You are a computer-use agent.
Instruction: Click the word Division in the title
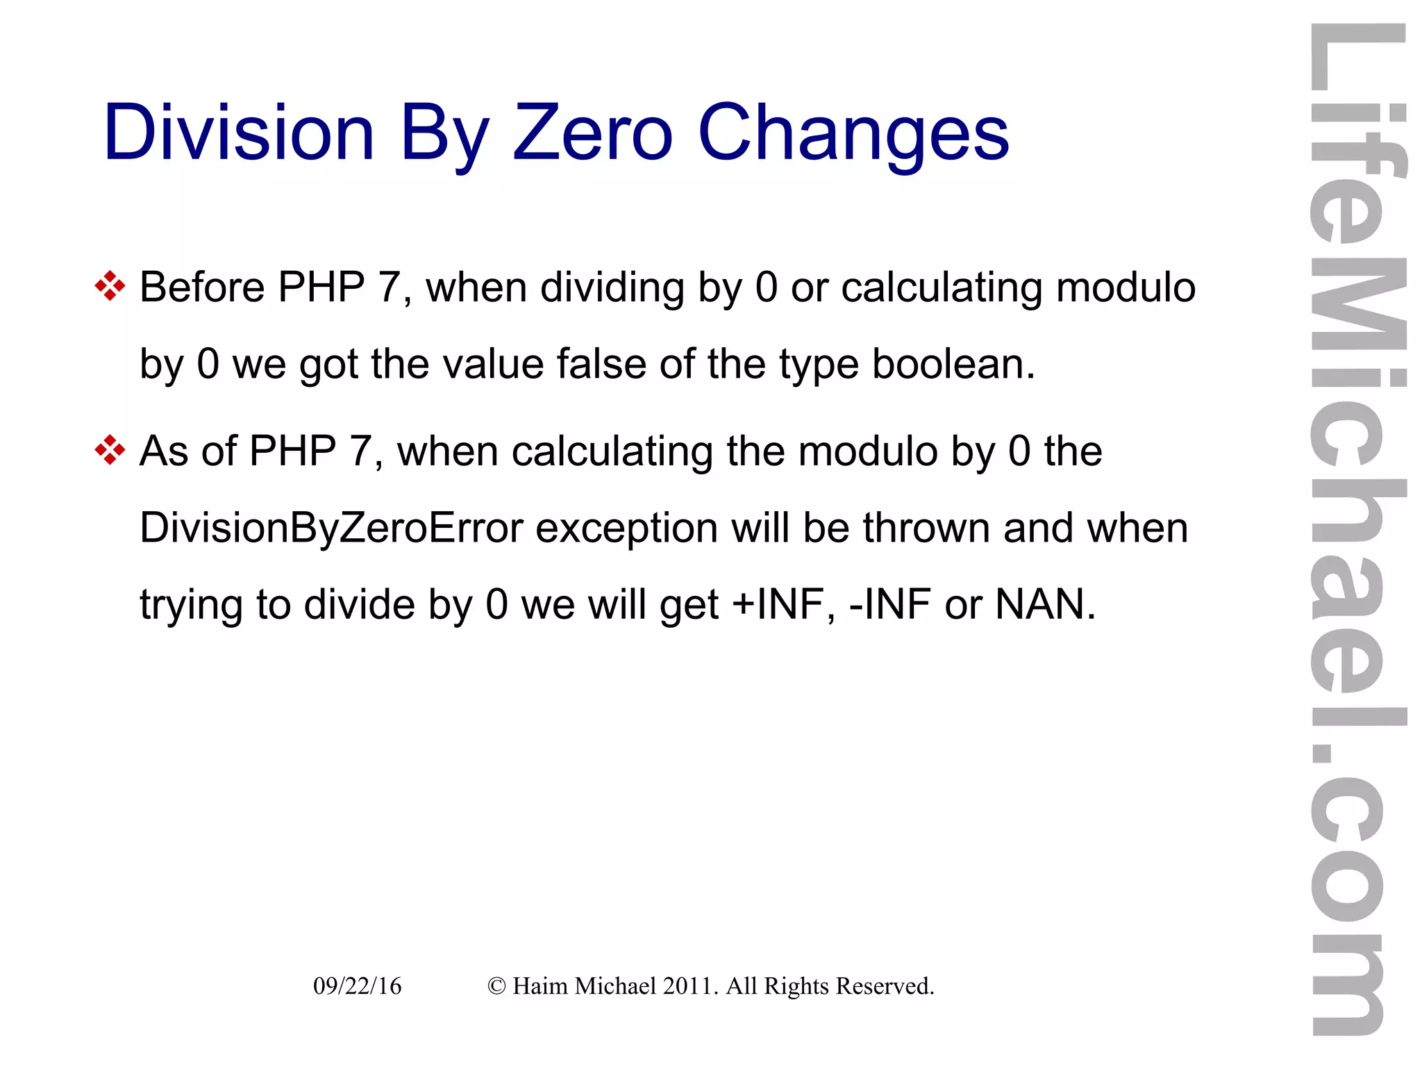pyautogui.click(x=239, y=133)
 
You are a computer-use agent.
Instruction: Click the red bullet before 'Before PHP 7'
pyautogui.click(x=110, y=286)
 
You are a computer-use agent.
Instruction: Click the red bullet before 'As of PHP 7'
pyautogui.click(x=110, y=451)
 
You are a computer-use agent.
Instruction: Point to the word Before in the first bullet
pyautogui.click(x=202, y=287)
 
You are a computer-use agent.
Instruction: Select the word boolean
pyautogui.click(x=953, y=364)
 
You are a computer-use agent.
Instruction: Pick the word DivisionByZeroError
pyautogui.click(x=331, y=528)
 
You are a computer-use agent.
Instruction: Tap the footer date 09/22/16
pyautogui.click(x=357, y=986)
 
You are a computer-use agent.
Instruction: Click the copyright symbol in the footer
pyautogui.click(x=496, y=986)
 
